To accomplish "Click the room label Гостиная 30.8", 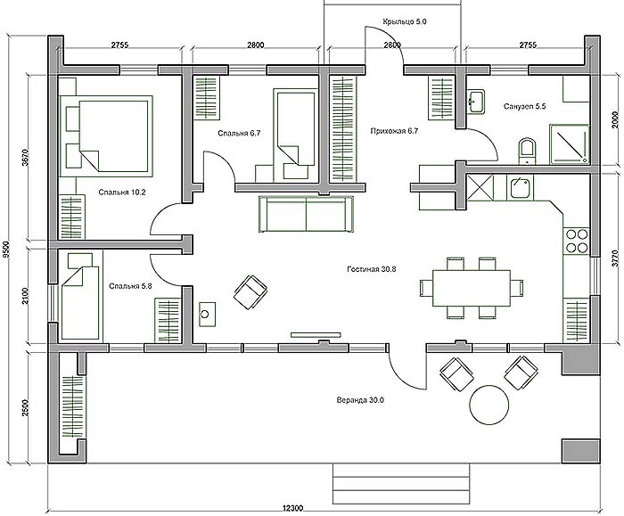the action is tap(372, 269).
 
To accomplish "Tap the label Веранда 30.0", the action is tap(360, 400).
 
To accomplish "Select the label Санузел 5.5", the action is tap(524, 107).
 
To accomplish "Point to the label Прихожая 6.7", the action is tap(394, 130).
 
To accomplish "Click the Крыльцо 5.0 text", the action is tap(405, 22).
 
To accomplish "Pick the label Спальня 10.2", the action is tap(122, 192).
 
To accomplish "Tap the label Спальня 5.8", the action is tap(130, 286).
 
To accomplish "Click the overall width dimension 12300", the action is tap(292, 508).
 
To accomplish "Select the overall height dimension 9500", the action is tap(5, 250).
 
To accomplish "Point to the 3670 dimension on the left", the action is tap(26, 157).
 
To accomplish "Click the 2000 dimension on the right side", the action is tap(615, 119).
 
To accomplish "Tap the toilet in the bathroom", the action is tap(528, 152).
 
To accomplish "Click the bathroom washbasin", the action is tap(475, 102).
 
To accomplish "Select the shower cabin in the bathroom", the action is tap(569, 144).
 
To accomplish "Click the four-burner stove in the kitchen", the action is tap(577, 242).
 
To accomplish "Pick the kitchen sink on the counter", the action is tap(520, 187).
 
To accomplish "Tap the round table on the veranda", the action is tap(489, 405).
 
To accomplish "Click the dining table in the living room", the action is tap(472, 288).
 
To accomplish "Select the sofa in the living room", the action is tap(306, 214).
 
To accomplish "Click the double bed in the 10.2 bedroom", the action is tap(107, 135).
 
